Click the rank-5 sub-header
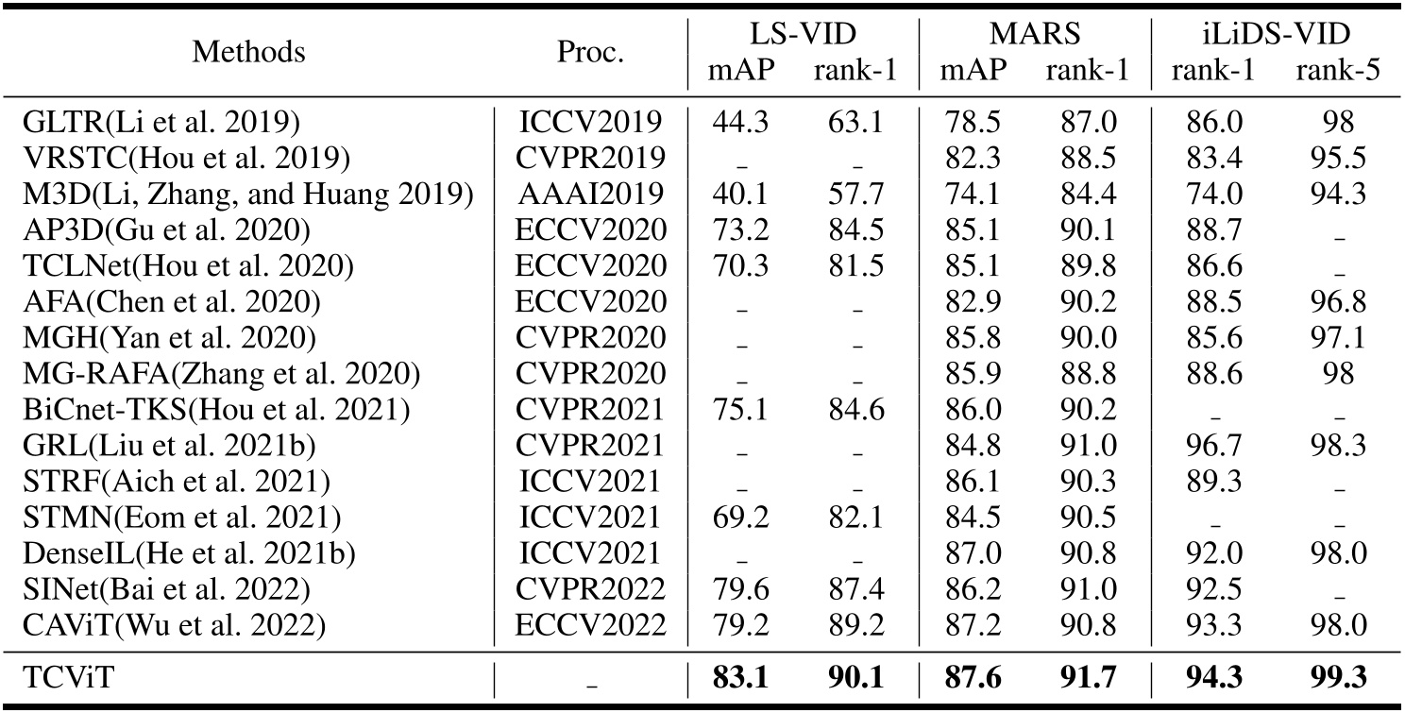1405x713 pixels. (x=1338, y=73)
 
